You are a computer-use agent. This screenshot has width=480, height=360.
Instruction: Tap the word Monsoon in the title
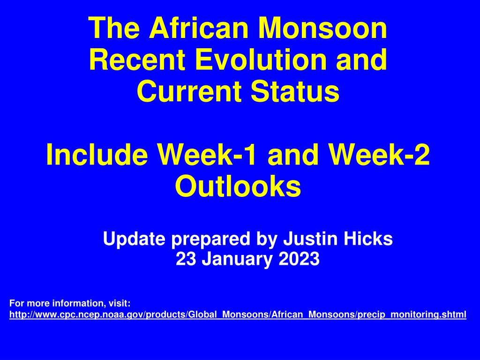coord(322,28)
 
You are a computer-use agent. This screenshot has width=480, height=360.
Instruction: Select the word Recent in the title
coord(137,60)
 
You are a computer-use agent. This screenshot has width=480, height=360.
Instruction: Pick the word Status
coord(295,91)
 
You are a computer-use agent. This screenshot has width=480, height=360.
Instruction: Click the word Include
coord(97,154)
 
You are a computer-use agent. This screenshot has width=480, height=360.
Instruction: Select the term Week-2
coord(379,154)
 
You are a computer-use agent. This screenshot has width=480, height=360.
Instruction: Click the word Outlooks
coord(238,186)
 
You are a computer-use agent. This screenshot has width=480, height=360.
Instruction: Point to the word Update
coord(134,239)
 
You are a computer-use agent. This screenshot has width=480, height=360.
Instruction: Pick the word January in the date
coord(237,259)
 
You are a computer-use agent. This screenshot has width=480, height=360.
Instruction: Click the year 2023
coord(299,259)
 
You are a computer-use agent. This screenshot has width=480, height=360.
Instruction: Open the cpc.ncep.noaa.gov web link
coord(238,315)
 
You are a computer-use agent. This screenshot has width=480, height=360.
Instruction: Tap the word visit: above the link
coord(120,303)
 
